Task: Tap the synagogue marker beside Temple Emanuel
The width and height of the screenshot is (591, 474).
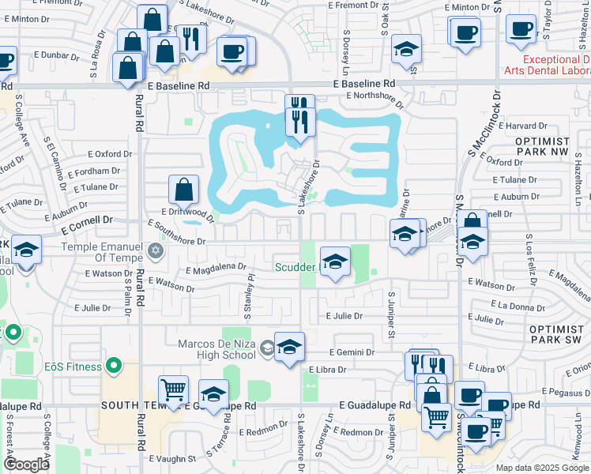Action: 156,252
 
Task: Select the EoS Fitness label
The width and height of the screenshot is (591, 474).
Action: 73,367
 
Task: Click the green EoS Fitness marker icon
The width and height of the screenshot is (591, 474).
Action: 114,367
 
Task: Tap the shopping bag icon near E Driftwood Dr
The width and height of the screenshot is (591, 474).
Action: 183,190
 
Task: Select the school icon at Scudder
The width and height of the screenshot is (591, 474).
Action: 335,261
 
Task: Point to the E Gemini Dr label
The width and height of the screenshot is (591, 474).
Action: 352,352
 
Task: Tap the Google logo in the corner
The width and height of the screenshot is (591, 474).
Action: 26,464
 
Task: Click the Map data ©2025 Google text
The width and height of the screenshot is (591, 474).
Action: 542,468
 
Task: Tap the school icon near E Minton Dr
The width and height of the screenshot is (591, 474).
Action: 405,51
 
